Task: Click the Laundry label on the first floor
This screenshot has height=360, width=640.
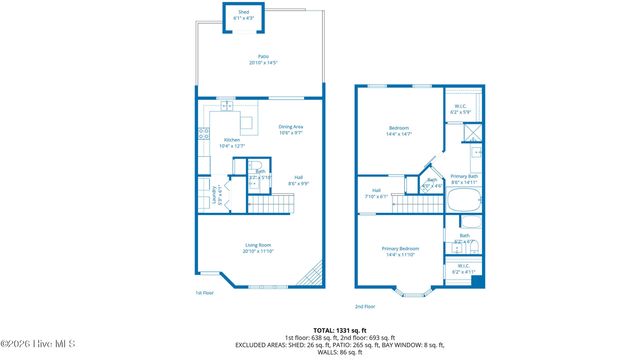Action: point(218,195)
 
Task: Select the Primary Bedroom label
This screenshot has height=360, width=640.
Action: point(397,252)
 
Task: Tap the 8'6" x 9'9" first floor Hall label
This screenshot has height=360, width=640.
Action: point(298,181)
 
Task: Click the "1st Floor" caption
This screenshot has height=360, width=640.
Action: point(205,293)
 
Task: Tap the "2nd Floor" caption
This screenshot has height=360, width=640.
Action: point(365,307)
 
